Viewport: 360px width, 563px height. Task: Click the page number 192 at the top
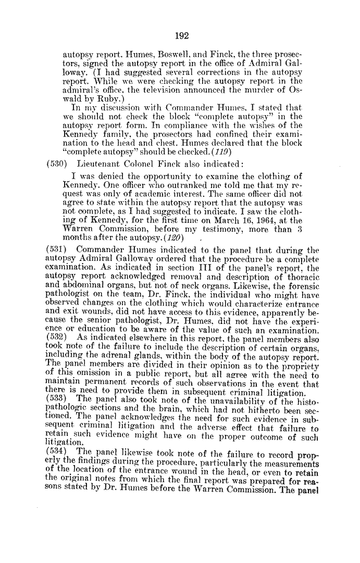pyautogui.click(x=180, y=36)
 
